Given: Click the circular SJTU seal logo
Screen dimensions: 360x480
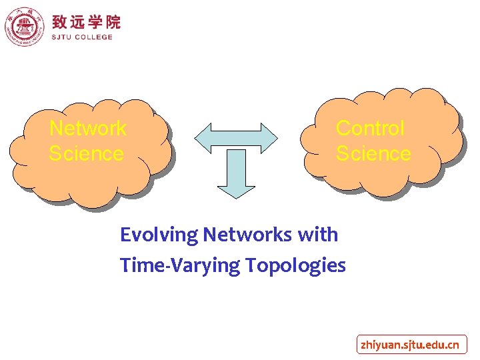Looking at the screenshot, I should click(x=25, y=27).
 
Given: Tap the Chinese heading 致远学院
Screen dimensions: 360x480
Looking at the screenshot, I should click(x=86, y=22).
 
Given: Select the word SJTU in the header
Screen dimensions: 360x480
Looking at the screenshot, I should click(x=64, y=37).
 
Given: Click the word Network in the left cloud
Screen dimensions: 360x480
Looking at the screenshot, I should click(x=88, y=127).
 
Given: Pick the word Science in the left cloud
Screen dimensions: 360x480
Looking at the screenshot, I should click(x=86, y=153).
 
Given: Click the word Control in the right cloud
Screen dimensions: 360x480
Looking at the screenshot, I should click(x=370, y=127).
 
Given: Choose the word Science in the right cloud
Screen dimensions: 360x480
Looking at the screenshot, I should click(x=373, y=153).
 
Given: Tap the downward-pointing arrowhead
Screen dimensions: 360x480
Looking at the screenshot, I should click(x=237, y=190).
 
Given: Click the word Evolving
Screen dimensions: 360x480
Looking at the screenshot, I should click(x=159, y=235).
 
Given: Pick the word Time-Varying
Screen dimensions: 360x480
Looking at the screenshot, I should click(x=180, y=265).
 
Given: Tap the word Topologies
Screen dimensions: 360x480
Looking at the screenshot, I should click(x=295, y=265).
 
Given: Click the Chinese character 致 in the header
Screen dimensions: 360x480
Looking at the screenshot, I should click(x=60, y=22).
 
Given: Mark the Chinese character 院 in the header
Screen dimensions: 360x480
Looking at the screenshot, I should click(x=113, y=22).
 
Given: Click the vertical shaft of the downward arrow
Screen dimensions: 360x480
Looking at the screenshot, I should click(x=237, y=163).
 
